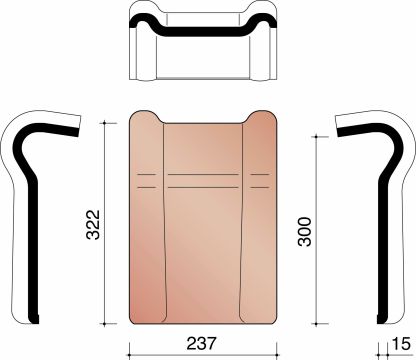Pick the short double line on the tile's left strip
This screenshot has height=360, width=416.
(146, 179)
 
